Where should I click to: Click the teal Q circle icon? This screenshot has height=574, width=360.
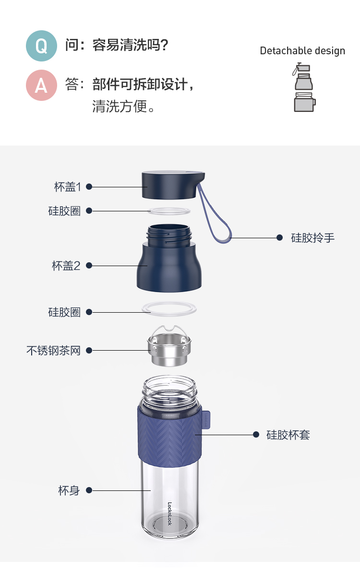(41, 46)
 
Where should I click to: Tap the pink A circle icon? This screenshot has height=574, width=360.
(41, 85)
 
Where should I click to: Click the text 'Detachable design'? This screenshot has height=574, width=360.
(302, 51)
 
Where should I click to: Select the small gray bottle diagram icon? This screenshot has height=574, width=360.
(304, 87)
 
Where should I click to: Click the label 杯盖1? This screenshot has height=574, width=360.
(67, 187)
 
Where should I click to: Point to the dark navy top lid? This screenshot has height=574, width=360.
(173, 185)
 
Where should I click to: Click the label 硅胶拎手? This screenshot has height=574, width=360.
(313, 238)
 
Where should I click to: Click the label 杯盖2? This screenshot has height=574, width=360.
(66, 266)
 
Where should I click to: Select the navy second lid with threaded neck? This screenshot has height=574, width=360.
(169, 258)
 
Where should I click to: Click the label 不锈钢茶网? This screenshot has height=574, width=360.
(53, 351)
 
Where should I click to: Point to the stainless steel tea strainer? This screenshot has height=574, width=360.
(169, 346)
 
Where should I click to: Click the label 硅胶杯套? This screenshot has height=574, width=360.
(288, 435)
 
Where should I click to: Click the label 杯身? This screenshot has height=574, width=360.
(69, 490)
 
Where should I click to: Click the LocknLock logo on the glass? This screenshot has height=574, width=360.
(169, 513)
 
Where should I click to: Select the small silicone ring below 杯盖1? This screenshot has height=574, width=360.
(169, 212)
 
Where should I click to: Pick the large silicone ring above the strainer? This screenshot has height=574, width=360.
(169, 308)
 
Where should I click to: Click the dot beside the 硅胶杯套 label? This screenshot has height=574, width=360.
(256, 435)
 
